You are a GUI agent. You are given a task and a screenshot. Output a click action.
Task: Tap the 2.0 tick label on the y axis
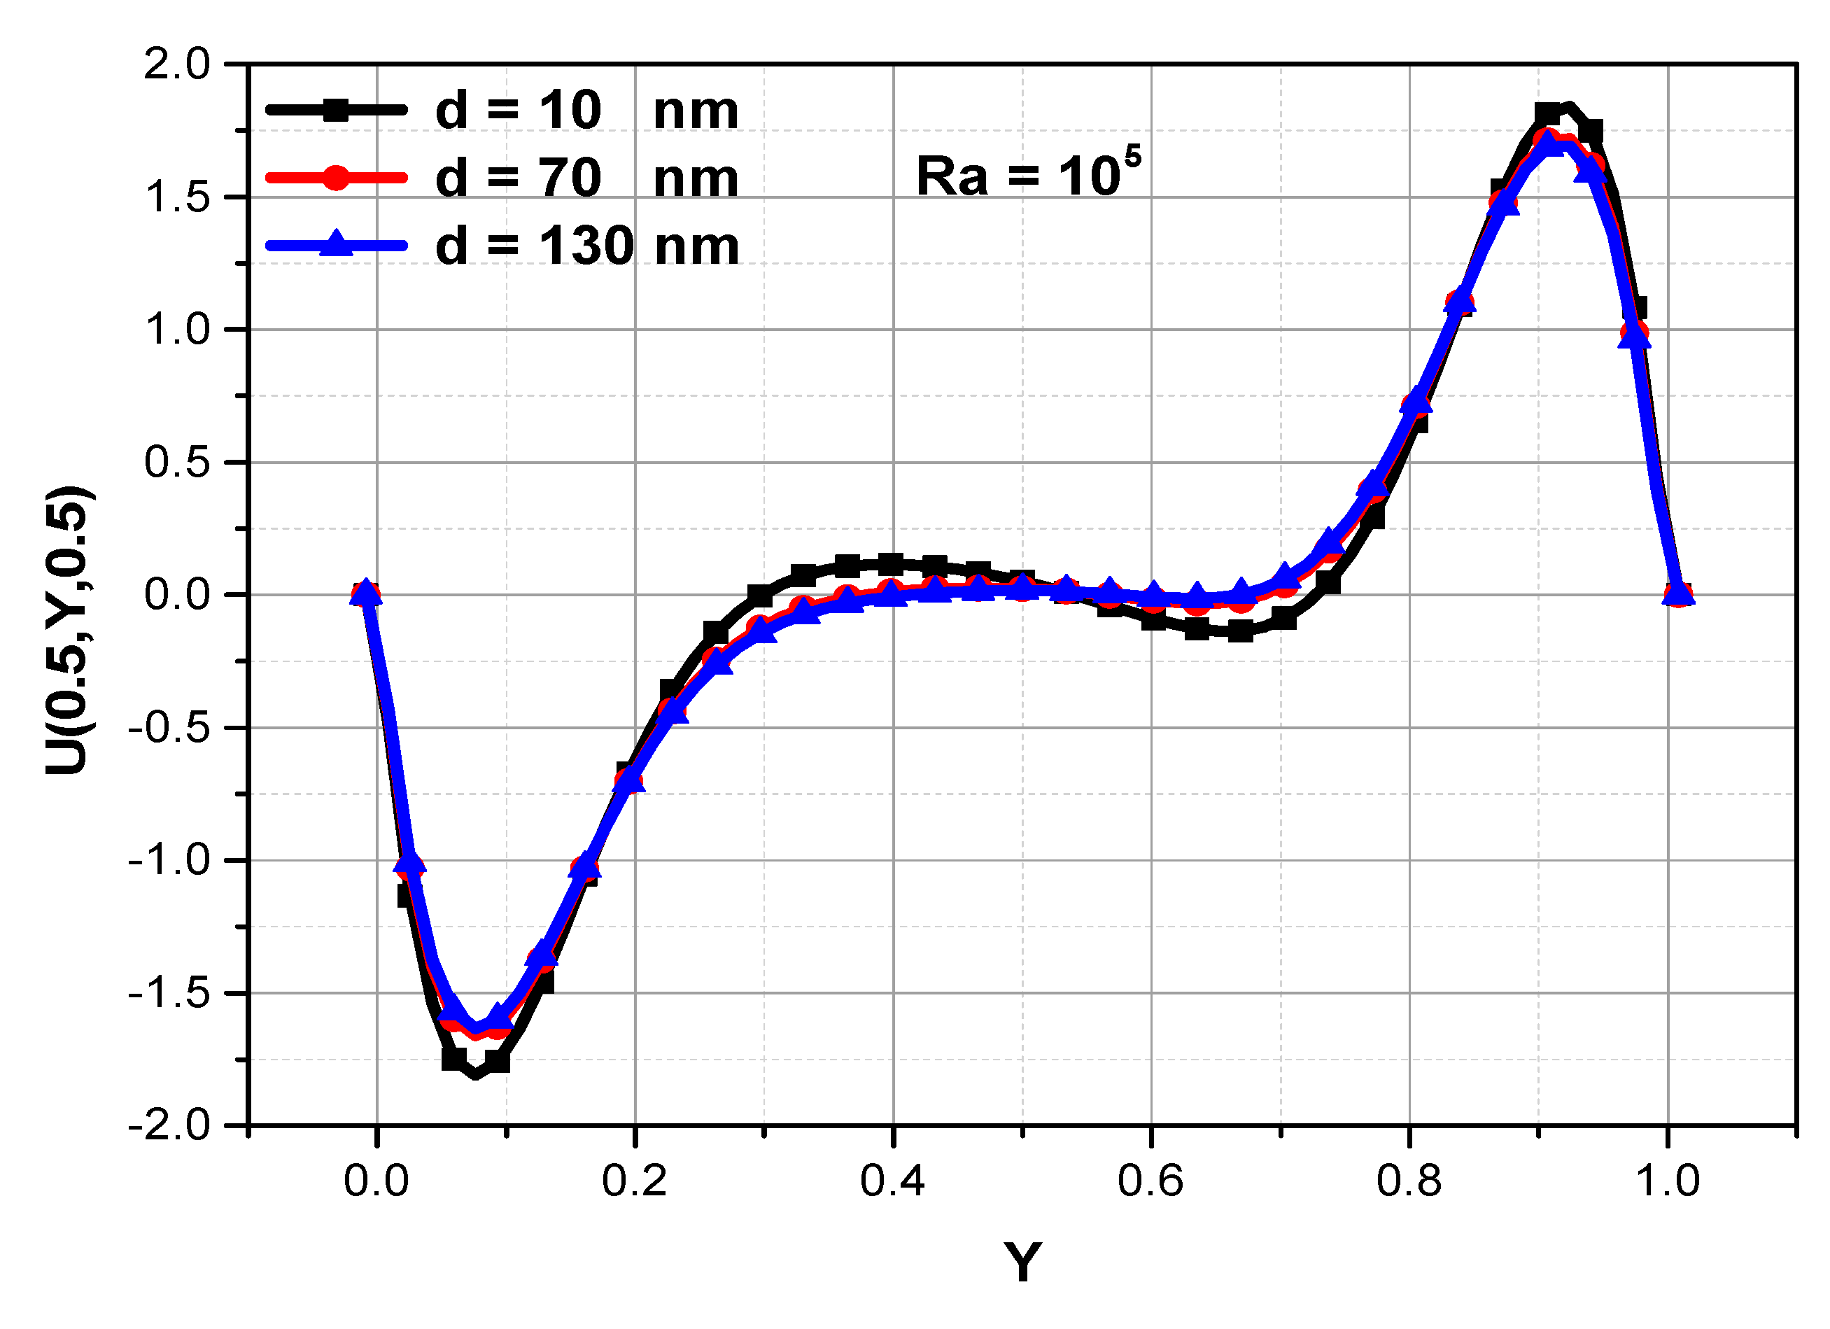point(177,64)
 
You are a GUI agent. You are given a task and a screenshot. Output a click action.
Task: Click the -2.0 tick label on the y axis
point(169,1125)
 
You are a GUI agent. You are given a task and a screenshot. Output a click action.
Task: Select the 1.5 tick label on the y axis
point(177,197)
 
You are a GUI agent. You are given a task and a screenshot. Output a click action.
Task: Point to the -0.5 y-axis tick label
point(169,728)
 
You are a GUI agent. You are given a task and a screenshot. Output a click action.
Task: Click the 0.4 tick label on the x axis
point(892,1181)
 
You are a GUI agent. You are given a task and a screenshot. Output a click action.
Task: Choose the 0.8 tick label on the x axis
point(1409,1181)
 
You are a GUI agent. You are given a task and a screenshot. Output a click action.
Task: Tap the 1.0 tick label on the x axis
point(1667,1181)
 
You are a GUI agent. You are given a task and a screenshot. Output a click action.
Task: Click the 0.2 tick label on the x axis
point(634,1181)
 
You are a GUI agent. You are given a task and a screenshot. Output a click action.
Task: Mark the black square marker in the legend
point(337,111)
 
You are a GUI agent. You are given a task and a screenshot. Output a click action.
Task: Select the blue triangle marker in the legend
point(337,244)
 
